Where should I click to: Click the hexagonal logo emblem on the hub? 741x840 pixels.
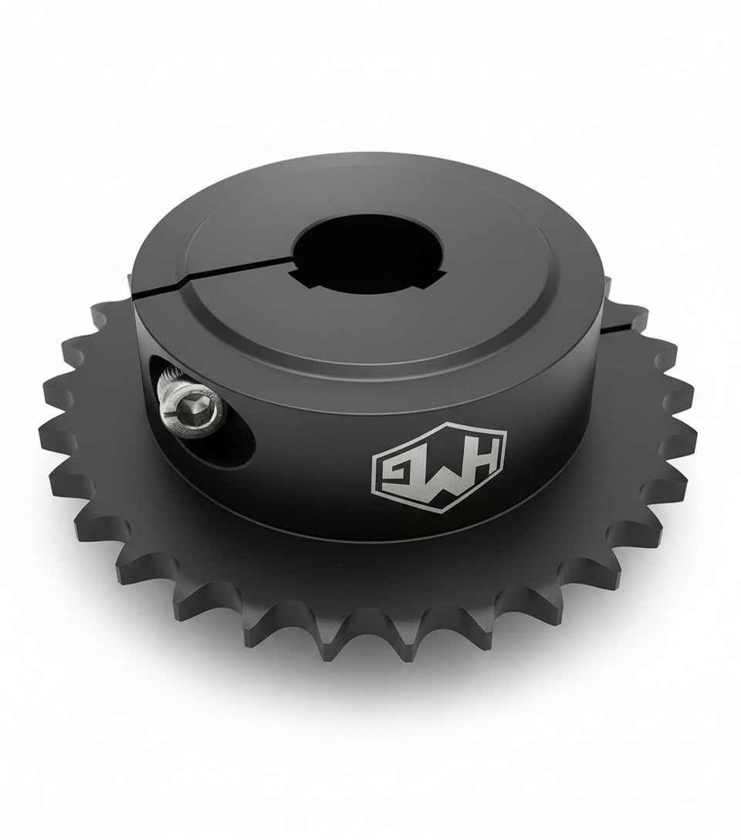coord(438,469)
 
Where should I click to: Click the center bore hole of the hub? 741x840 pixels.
coord(355,247)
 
